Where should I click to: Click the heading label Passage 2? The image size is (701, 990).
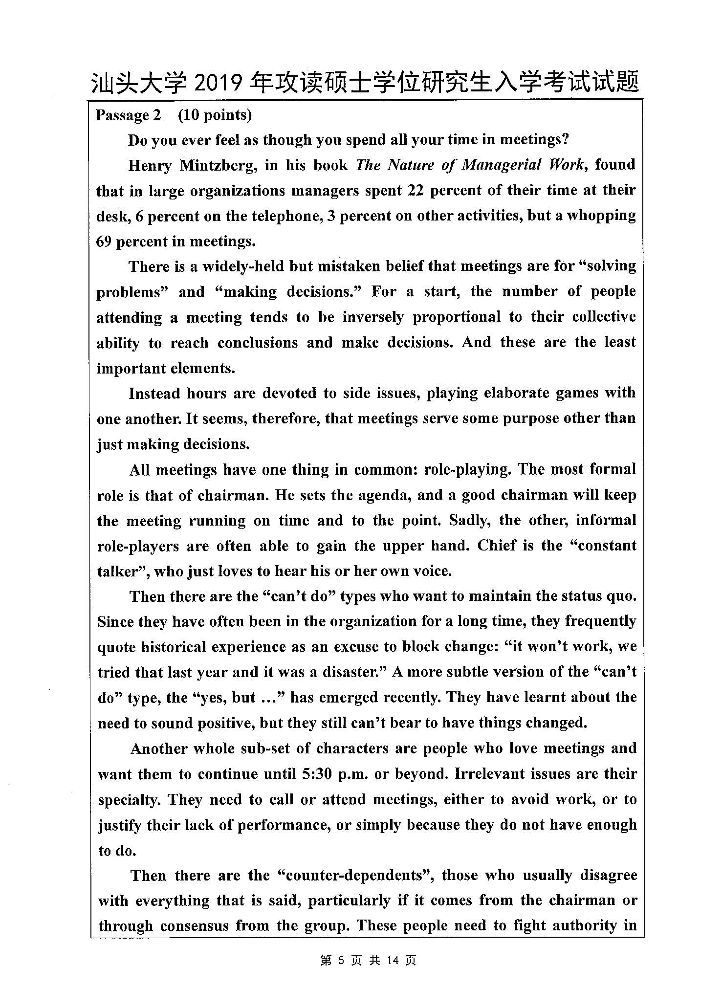[128, 115]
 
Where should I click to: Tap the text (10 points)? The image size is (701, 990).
[215, 115]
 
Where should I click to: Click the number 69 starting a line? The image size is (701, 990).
[104, 242]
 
